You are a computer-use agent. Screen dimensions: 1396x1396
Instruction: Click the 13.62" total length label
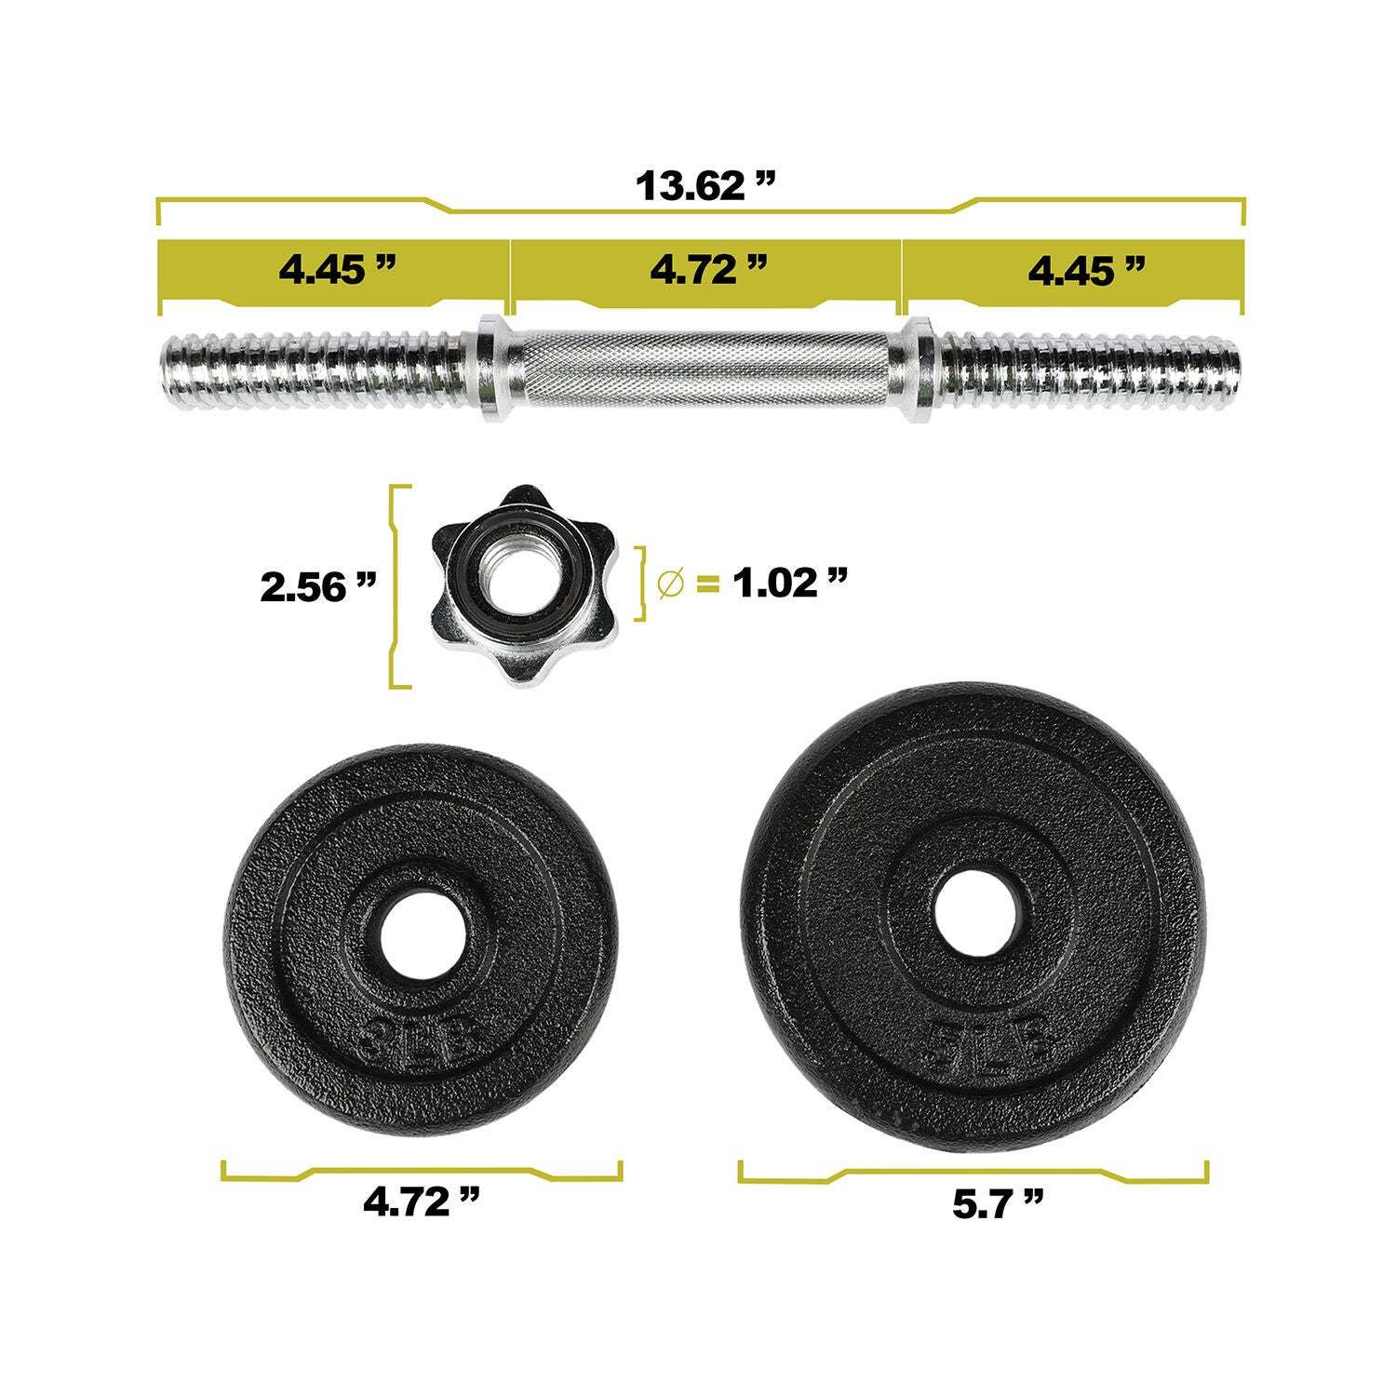[705, 186]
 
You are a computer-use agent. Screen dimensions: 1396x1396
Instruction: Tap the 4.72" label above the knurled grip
[708, 270]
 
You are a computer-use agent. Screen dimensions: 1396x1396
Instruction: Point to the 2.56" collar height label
[318, 587]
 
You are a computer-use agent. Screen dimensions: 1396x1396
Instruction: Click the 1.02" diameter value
[789, 584]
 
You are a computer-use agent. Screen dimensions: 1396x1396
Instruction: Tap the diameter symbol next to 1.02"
[669, 584]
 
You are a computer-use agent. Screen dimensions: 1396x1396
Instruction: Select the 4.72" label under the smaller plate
[422, 1202]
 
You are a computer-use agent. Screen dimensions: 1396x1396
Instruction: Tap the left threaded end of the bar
[312, 369]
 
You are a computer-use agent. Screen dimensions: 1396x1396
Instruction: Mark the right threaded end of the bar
[1089, 369]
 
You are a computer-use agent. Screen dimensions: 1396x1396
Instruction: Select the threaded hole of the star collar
[520, 583]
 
